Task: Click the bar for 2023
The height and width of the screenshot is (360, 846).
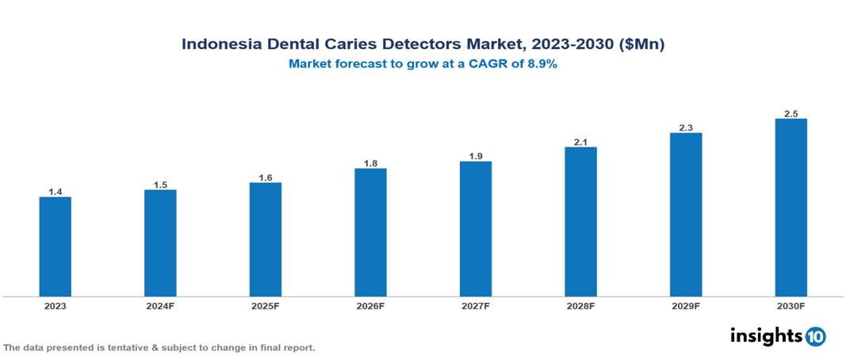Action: [x=56, y=247]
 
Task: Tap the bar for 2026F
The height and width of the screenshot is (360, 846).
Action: [x=370, y=232]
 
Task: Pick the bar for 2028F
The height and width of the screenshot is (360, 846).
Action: [x=580, y=222]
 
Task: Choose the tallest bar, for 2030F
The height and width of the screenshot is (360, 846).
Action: [x=790, y=208]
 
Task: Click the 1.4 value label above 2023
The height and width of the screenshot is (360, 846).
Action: [x=56, y=192]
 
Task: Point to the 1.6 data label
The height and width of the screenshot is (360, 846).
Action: [x=266, y=178]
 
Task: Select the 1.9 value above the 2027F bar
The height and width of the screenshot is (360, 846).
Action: [x=476, y=156]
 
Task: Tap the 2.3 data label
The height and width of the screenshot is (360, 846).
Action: [x=686, y=128]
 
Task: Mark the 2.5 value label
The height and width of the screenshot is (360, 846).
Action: [x=790, y=113]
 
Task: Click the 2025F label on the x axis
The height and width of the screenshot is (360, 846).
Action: [x=266, y=305]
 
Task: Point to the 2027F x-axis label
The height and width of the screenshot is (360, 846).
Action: [x=476, y=305]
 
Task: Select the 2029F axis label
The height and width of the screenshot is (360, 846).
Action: [x=686, y=305]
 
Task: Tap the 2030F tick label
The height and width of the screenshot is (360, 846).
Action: [x=790, y=305]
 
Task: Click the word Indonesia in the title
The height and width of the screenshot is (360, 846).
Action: [x=219, y=44]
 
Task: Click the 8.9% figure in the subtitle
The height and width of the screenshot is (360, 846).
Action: [x=541, y=64]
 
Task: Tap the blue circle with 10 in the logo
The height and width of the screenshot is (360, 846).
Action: [x=815, y=336]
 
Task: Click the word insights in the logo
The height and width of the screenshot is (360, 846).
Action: [x=766, y=335]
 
